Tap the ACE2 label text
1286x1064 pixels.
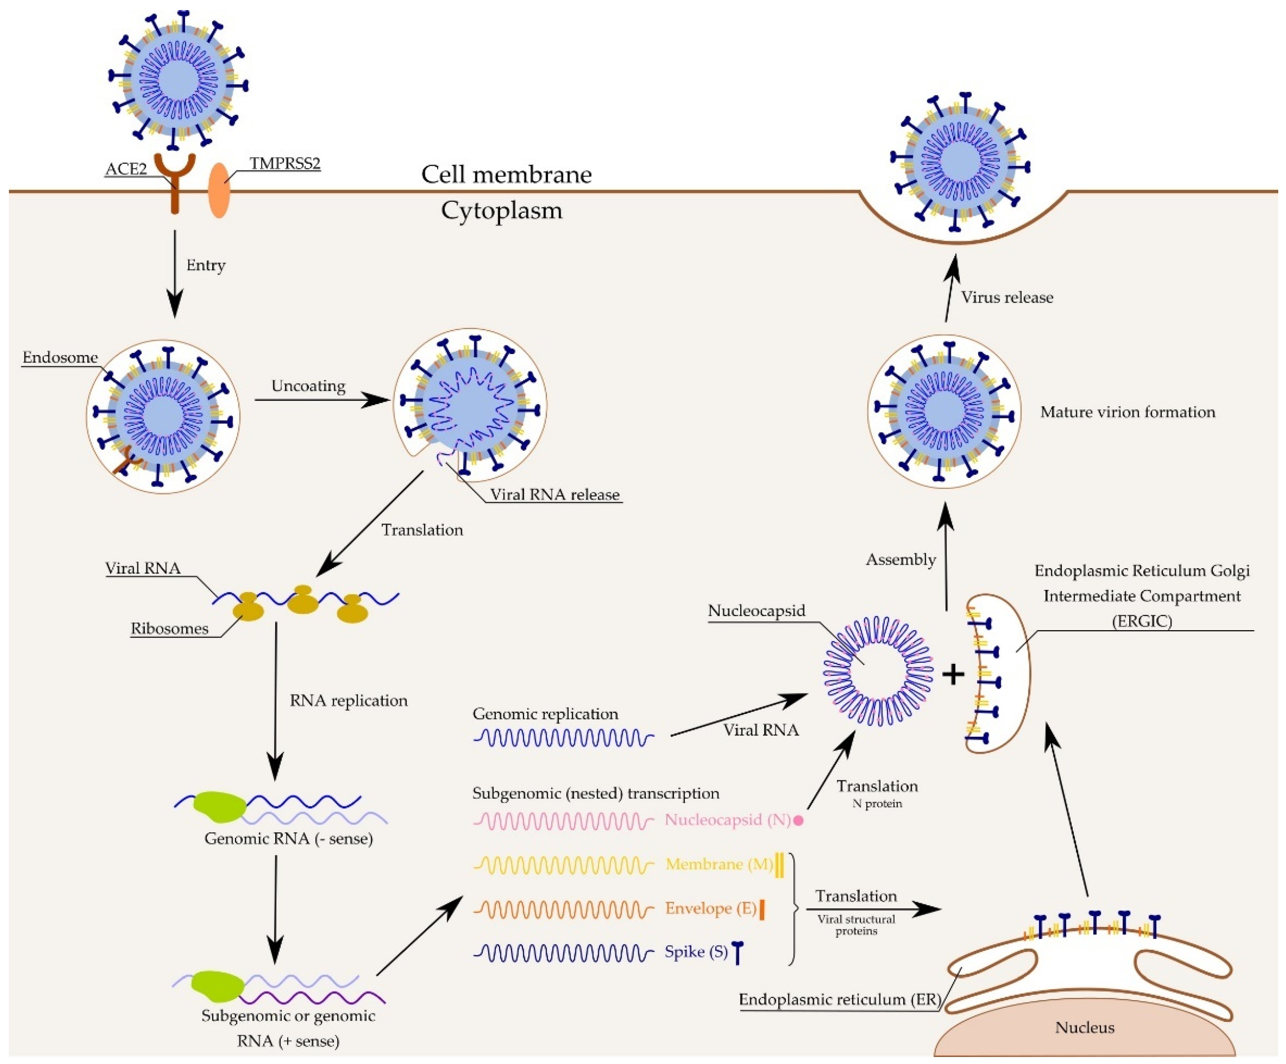[x=126, y=169]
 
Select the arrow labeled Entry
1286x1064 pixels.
[x=175, y=273]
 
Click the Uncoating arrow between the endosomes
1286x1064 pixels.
[x=321, y=400]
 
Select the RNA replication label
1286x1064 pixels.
[x=348, y=701]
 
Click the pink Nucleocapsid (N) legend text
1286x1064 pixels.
[x=727, y=820]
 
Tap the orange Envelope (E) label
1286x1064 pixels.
[x=710, y=908]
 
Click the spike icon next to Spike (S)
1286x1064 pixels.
[x=738, y=952]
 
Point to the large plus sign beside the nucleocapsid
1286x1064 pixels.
[x=953, y=674]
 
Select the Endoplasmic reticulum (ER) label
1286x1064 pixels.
[x=839, y=1000]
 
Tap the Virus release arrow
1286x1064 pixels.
[x=950, y=288]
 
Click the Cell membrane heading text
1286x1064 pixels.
[x=506, y=175]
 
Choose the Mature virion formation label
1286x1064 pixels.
[x=1127, y=412]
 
